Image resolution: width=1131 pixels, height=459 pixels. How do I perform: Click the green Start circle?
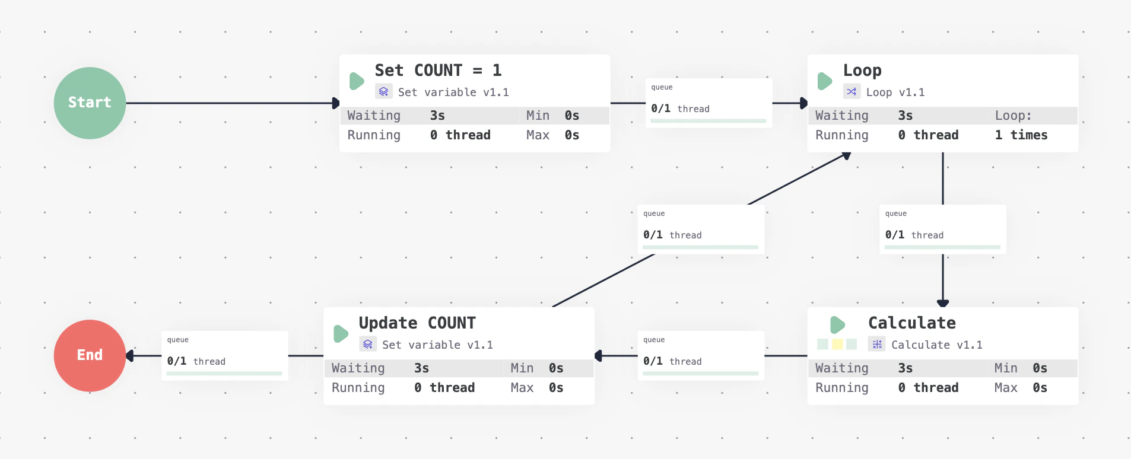90,103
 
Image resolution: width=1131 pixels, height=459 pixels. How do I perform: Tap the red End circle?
90,355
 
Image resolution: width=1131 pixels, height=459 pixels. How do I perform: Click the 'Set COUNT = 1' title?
438,71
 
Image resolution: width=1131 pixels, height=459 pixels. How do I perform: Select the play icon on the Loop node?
824,81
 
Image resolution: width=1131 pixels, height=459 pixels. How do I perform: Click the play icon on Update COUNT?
341,333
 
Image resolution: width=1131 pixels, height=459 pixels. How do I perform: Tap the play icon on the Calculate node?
837,324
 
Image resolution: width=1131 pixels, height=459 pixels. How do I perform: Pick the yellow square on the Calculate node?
837,344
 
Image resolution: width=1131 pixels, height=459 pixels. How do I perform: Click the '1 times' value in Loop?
1021,135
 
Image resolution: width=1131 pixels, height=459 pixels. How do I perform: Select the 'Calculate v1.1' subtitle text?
936,345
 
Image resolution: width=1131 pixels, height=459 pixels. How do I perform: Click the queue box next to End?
224,355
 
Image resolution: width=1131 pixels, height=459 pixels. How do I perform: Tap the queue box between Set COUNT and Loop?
709,103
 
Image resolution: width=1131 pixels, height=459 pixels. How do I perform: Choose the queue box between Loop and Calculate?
942,229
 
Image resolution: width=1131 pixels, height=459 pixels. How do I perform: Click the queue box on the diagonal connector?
700,229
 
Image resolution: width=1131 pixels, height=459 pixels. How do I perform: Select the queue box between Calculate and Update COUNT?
700,355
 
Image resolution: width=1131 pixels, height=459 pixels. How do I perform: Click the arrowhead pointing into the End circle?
130,356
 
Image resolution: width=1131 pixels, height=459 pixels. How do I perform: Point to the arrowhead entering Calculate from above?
943,303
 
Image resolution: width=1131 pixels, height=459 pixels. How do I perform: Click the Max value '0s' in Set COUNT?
571,135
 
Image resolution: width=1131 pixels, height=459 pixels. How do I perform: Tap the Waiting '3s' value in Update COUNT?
421,368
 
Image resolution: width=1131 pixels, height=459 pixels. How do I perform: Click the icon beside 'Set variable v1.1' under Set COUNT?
383,92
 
